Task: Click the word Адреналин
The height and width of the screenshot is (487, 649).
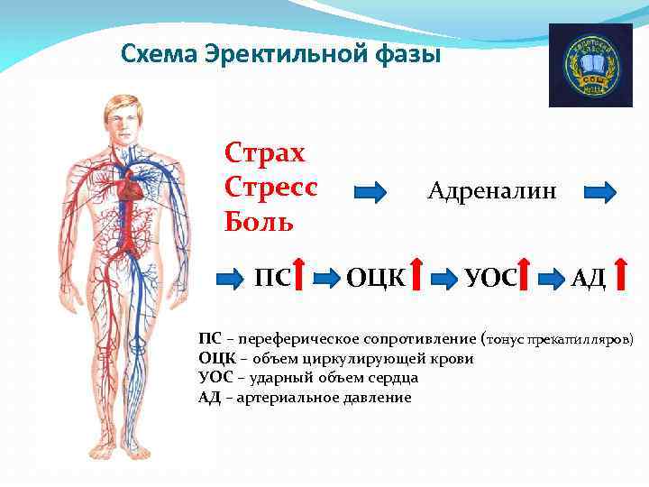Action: point(491,191)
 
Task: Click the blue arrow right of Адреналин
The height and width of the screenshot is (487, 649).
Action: point(599,191)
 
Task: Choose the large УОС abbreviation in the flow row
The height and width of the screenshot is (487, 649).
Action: point(490,276)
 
